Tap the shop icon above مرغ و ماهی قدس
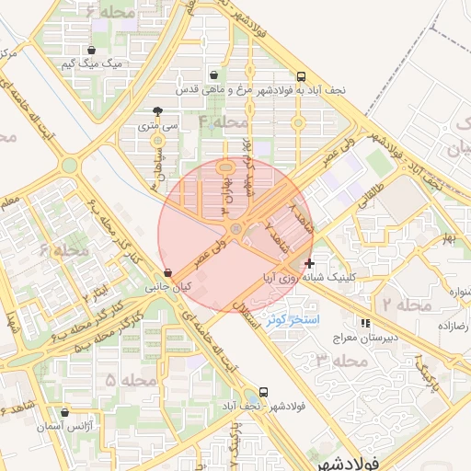click(214, 75)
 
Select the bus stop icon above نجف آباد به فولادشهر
click(303, 76)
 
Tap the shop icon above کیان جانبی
click(167, 273)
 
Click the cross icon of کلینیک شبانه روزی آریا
click(308, 263)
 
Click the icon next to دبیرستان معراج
click(366, 324)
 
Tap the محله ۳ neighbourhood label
click(336, 360)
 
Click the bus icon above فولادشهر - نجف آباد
click(264, 392)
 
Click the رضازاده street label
click(454, 326)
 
